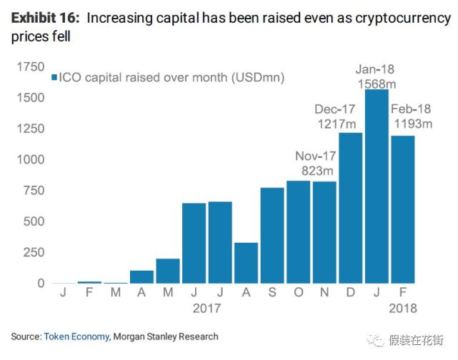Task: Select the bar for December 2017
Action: (x=350, y=208)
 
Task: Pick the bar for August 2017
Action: (x=247, y=263)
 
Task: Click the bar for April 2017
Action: (x=141, y=277)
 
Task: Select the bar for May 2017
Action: (x=168, y=271)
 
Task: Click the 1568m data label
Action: (x=376, y=83)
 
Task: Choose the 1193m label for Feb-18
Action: (x=412, y=124)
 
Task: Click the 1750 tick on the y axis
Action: (x=30, y=67)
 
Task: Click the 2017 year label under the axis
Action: (x=206, y=309)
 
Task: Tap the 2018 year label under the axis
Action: (x=402, y=309)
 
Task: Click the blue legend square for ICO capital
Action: (x=54, y=77)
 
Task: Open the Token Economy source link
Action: (x=76, y=336)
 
